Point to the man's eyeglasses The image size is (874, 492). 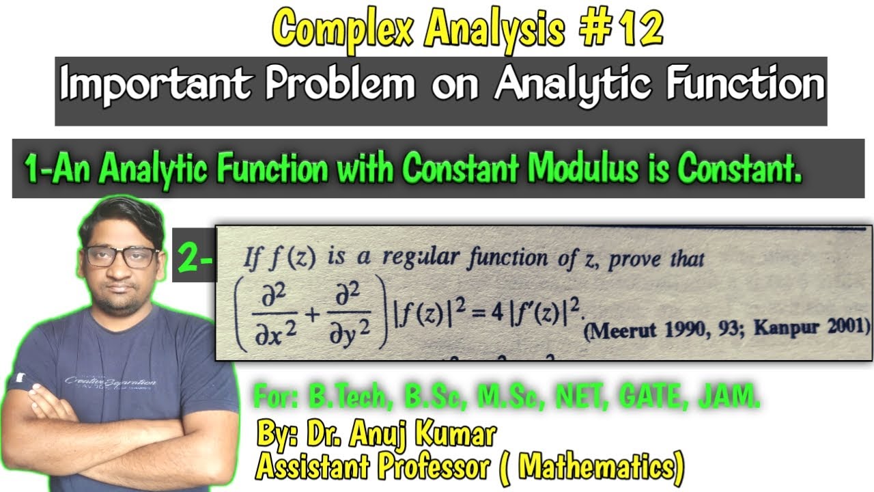coord(121,257)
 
